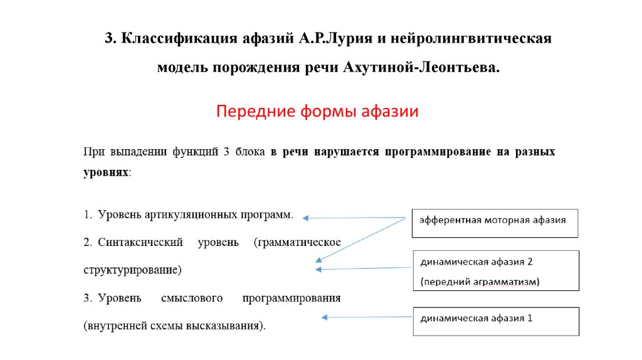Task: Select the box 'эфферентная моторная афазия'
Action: point(495,223)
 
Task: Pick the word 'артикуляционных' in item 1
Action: point(190,214)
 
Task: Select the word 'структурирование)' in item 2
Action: point(132,270)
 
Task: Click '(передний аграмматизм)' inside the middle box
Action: point(480,282)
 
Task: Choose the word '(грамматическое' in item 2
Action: point(297,241)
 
